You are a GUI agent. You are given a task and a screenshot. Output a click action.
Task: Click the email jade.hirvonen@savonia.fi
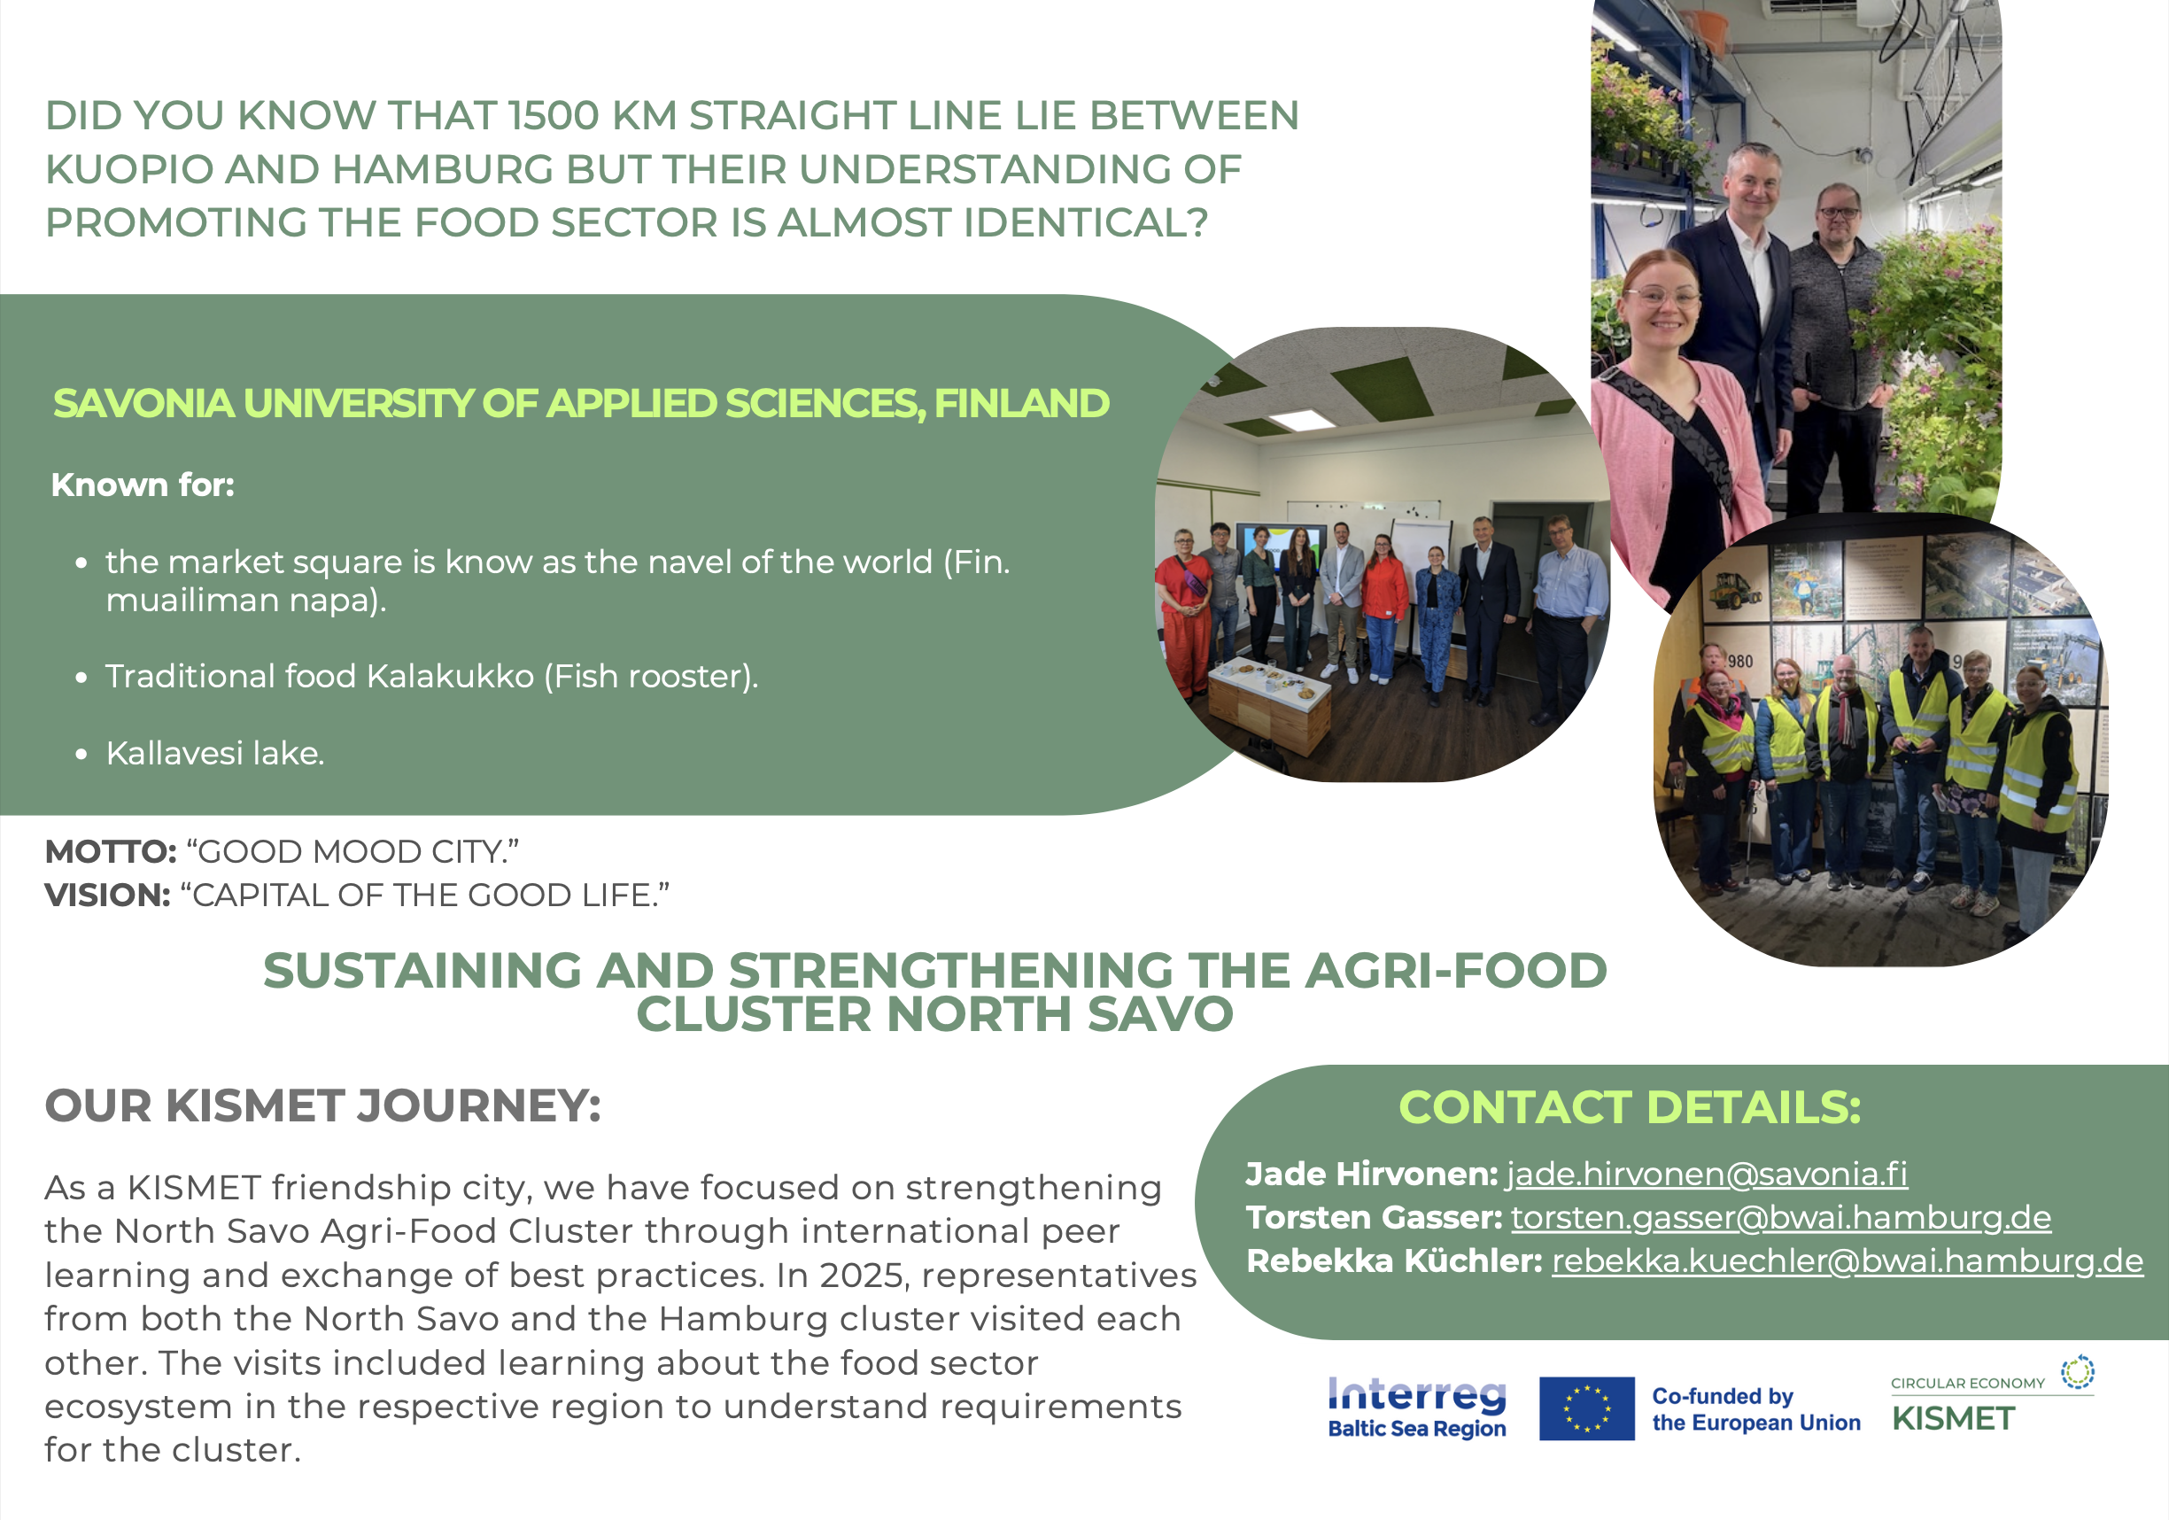point(1706,1174)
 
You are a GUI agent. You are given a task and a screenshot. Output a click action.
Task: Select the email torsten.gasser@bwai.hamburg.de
point(1781,1218)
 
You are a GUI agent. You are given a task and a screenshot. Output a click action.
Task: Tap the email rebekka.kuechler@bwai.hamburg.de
point(1847,1261)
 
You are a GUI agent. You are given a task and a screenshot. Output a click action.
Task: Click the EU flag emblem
point(1586,1408)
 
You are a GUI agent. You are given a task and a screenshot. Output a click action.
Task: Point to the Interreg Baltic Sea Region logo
point(1417,1408)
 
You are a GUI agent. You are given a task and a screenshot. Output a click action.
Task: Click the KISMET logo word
point(1954,1419)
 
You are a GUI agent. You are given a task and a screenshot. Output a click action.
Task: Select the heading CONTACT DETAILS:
point(1630,1107)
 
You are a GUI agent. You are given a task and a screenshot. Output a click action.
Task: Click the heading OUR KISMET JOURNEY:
point(323,1106)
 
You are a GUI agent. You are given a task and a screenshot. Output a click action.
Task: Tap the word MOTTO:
point(111,852)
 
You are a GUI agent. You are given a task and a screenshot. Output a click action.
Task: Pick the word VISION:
point(108,896)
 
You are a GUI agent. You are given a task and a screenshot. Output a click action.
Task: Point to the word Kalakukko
point(451,677)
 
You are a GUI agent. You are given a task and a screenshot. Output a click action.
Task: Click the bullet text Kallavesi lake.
point(215,753)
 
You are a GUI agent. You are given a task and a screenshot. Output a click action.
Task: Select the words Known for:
point(143,485)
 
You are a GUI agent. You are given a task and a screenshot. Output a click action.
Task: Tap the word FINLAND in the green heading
point(1022,403)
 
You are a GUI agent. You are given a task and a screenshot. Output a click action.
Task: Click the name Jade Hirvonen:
point(1372,1174)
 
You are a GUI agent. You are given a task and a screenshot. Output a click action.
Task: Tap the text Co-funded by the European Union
point(1756,1409)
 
